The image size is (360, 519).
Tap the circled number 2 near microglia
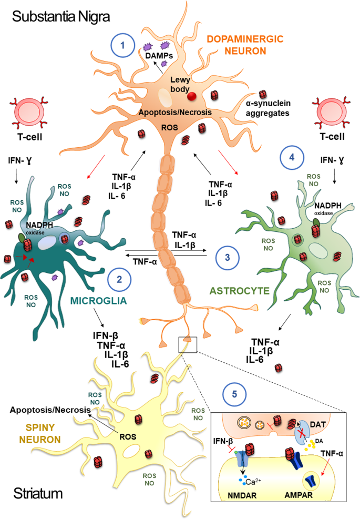[x=119, y=278]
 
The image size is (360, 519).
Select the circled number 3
[x=227, y=257]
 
